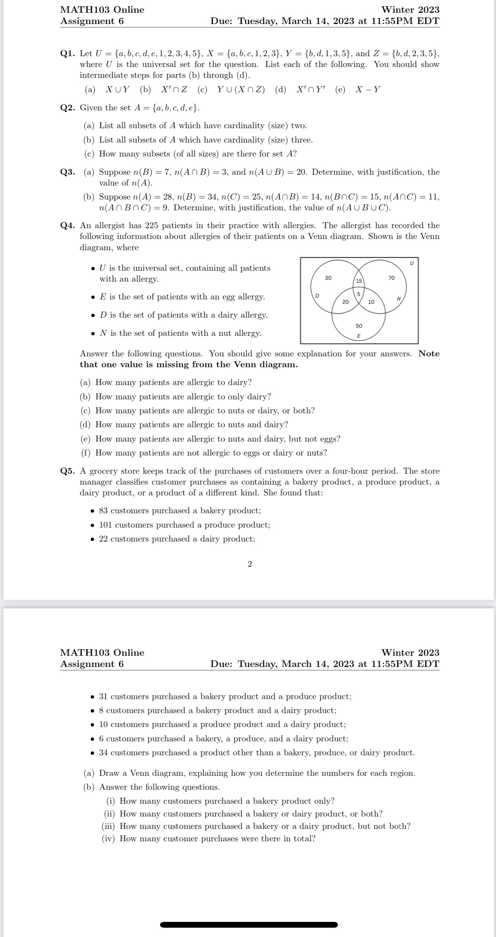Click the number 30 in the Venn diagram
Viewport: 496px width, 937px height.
pos(328,278)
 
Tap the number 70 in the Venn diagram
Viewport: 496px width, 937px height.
pos(391,278)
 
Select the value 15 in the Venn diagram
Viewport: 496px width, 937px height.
pos(359,281)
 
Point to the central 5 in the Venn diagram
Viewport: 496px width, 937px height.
pos(359,294)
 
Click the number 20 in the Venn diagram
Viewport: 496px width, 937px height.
pos(345,302)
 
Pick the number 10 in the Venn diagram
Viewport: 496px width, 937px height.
pos(371,302)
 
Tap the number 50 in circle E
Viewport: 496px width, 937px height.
pos(359,326)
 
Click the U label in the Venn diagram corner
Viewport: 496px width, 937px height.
pos(412,263)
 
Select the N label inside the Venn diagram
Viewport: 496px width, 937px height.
pos(398,299)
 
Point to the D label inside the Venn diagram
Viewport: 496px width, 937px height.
pos(317,296)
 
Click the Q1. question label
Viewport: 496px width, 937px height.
pos(68,53)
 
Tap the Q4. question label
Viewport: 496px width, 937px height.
pos(68,225)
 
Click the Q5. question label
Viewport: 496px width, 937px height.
pos(68,471)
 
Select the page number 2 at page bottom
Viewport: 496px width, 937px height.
pos(250,564)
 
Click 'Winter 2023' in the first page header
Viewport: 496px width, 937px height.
pos(410,10)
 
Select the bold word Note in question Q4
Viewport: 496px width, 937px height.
pos(429,354)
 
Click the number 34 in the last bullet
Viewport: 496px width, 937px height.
pos(103,753)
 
